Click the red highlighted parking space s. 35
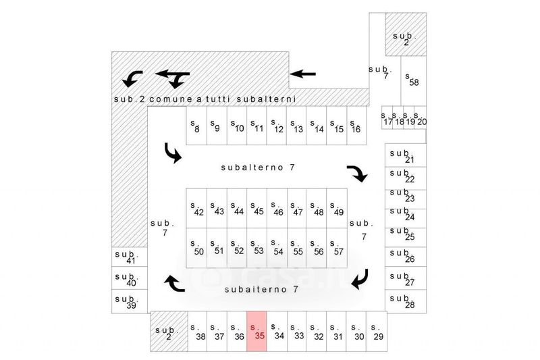tap(256, 332)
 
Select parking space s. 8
tap(196, 126)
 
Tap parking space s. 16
tap(356, 126)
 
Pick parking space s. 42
tap(196, 208)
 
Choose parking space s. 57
tap(337, 248)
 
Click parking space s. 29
tap(377, 332)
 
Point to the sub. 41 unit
tap(130, 256)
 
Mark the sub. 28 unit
tap(406, 301)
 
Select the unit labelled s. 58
tap(413, 80)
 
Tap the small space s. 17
tap(387, 118)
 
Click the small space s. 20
tap(420, 118)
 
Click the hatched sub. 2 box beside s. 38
tap(169, 332)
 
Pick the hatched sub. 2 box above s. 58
tap(406, 34)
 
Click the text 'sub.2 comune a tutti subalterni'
tap(205, 99)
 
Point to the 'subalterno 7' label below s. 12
tap(258, 168)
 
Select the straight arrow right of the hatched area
tap(302, 74)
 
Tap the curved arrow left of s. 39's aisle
tap(174, 284)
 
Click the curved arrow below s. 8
tap(173, 153)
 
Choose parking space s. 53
tap(256, 248)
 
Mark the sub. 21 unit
tap(406, 155)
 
